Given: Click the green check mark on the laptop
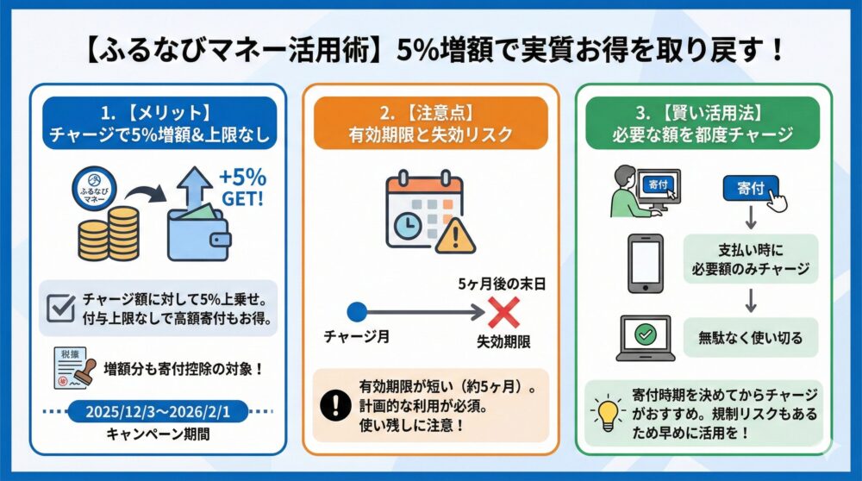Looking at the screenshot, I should click(644, 333).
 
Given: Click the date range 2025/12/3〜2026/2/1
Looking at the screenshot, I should click(159, 411).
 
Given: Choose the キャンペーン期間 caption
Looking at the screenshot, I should click(157, 434).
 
